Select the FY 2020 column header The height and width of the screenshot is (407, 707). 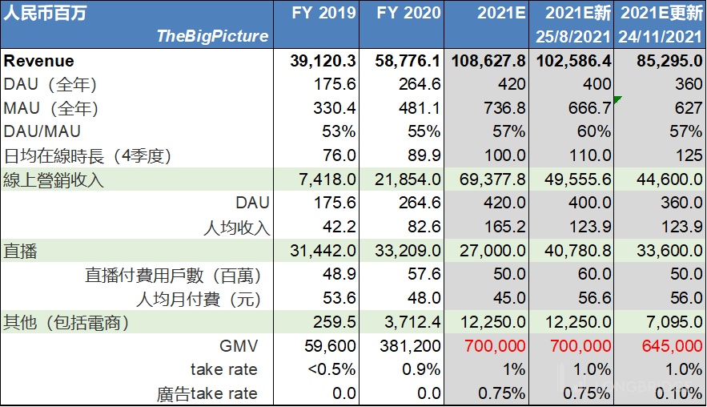click(408, 13)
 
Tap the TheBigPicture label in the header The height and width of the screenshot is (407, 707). click(212, 36)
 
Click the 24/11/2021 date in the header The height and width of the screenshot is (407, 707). click(660, 36)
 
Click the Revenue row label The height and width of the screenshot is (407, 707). click(38, 61)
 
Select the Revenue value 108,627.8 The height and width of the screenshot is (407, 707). click(488, 61)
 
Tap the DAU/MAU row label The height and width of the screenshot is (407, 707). click(42, 131)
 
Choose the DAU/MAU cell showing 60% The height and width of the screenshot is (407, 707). click(596, 131)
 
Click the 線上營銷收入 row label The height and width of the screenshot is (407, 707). click(54, 179)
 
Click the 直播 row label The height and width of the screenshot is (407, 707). click(21, 252)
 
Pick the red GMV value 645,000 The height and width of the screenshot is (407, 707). click(673, 346)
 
